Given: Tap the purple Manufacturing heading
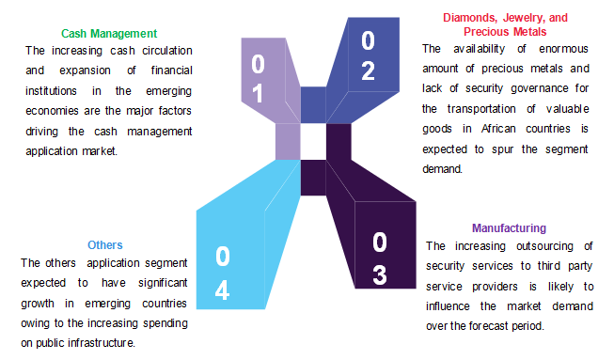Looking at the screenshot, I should (x=509, y=228).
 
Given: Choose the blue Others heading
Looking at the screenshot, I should (x=104, y=245).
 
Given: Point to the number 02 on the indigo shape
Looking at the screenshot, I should (x=368, y=55).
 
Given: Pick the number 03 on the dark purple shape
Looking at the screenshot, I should (x=379, y=258).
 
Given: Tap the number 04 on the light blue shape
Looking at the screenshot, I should (x=222, y=273).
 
